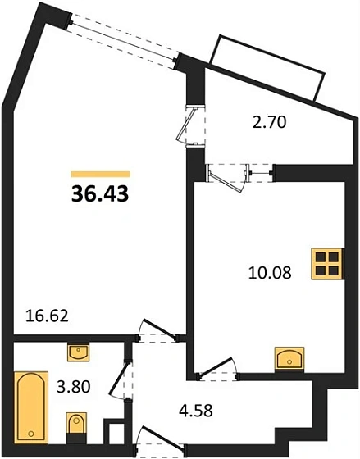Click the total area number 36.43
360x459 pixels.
(x=98, y=194)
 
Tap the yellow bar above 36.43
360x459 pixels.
(x=100, y=174)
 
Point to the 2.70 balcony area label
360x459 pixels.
(x=268, y=125)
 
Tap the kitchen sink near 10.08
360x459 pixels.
(x=289, y=358)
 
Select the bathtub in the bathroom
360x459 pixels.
(x=30, y=404)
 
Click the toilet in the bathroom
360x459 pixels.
(x=75, y=425)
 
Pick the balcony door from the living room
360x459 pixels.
(x=193, y=125)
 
